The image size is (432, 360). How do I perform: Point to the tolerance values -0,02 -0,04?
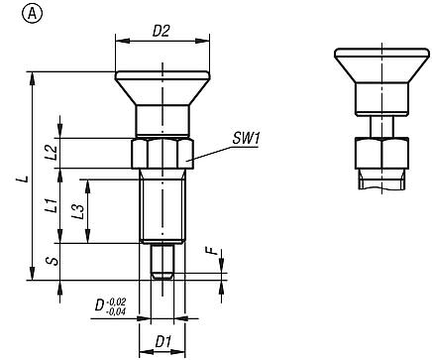pos(117,306)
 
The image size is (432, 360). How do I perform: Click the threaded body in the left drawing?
pos(162,208)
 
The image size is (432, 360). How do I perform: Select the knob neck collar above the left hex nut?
pos(162,122)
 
